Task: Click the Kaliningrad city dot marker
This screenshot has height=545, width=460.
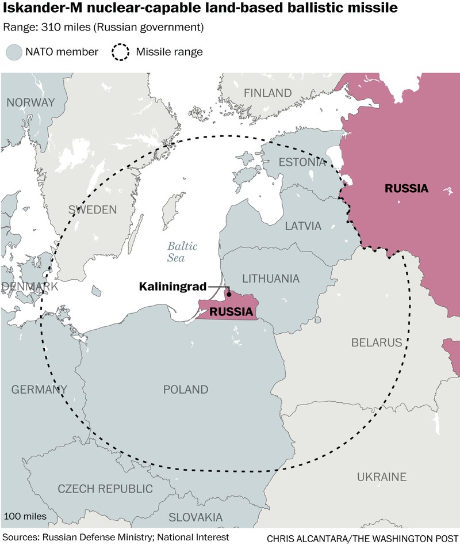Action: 229,294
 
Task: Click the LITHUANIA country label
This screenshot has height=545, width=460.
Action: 271,279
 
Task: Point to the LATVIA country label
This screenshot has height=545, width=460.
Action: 303,226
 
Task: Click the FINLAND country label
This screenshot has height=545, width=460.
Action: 267,93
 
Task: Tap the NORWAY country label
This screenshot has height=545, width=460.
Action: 30,102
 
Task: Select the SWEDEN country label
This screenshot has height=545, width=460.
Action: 92,209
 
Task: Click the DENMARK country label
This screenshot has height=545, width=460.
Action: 29,287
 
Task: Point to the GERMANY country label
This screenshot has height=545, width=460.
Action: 39,390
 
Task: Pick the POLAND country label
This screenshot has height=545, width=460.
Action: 185,390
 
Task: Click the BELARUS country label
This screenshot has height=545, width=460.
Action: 376,343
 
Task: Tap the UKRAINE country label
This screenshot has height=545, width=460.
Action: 381,477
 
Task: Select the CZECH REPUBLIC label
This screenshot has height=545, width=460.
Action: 105,489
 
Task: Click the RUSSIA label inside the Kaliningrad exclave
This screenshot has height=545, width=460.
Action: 231,312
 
